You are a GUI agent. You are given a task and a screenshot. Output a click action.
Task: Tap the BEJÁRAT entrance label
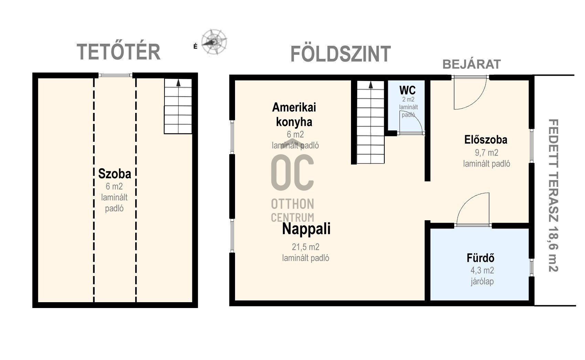coord(472,64)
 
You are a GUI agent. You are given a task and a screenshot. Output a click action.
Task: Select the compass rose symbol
coord(214,42)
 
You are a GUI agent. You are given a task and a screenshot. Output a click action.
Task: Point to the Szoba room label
coord(115,174)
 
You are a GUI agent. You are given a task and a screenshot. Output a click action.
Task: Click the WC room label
coord(407,91)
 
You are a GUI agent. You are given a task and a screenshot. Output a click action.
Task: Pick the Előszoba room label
coord(486,140)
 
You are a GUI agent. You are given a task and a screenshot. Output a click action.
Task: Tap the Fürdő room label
coord(480,258)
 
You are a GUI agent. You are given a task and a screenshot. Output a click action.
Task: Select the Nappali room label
coord(306,229)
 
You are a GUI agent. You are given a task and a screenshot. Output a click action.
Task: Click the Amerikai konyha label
coord(294,114)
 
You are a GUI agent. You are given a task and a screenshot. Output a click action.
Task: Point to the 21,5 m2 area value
coord(306,247)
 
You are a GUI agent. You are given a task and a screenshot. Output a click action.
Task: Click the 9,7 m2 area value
coord(487,152)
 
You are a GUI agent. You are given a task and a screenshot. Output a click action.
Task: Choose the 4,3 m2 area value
coord(482,271)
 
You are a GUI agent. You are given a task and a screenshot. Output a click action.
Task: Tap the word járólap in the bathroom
coord(482,282)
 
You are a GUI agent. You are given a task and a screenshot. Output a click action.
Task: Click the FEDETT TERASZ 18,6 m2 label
coord(553,195)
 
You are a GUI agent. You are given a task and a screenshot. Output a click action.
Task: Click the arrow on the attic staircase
coord(178,83)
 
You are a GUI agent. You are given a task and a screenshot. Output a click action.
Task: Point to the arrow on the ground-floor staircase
coord(371,85)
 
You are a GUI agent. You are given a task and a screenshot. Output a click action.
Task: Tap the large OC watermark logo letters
coord(292,172)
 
